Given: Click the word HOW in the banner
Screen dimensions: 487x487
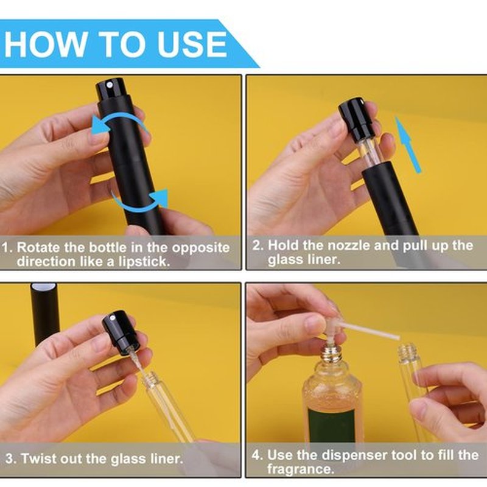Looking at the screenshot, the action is [x=46, y=44].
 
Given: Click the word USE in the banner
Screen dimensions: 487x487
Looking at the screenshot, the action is [x=192, y=44].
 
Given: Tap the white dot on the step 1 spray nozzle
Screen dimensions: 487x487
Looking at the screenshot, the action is [x=109, y=84].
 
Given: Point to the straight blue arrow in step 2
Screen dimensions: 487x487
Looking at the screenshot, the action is [x=407, y=145].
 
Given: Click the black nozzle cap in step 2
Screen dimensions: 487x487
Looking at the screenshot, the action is [x=355, y=119].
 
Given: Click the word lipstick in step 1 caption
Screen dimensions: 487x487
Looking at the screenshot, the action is [x=144, y=262].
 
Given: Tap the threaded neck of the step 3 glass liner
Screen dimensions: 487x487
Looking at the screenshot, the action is [x=150, y=378].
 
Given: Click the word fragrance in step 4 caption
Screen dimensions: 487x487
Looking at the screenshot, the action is [x=301, y=469].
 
